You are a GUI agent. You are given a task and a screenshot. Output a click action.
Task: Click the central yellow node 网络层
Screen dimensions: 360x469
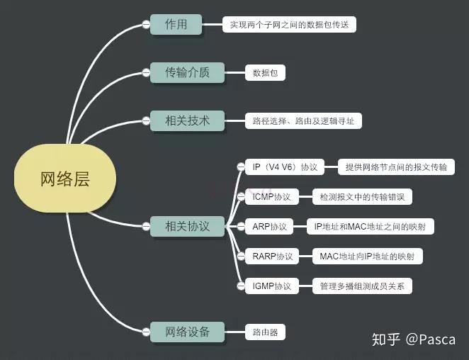coord(64,179)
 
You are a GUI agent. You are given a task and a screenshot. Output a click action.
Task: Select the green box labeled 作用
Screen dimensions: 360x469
coord(176,24)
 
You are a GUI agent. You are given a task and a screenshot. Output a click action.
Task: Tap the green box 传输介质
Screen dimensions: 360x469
coord(188,72)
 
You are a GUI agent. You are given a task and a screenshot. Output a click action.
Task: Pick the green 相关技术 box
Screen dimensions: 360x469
coord(188,120)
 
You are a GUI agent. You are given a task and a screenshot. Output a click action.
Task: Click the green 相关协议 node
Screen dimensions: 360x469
coord(188,227)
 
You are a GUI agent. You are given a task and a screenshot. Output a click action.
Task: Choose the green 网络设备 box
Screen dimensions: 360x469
coord(188,331)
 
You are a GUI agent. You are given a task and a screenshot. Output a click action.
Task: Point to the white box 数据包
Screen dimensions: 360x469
coord(265,72)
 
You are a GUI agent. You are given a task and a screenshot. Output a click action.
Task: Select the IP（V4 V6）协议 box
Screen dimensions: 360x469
coord(285,167)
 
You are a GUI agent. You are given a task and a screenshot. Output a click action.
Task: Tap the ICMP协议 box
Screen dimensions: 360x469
coord(272,197)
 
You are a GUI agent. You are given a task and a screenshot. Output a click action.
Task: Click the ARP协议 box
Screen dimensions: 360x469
coord(270,227)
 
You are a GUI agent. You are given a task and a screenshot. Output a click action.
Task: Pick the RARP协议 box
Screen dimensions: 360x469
coord(272,257)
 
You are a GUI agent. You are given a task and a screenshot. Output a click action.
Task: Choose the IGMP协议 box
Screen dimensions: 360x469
coord(272,286)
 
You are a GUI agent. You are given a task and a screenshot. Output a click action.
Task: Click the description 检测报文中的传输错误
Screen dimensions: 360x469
coord(362,197)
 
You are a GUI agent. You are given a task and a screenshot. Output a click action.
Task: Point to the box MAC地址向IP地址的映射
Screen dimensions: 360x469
coord(368,257)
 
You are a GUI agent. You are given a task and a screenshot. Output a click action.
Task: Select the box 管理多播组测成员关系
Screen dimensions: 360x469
coord(362,286)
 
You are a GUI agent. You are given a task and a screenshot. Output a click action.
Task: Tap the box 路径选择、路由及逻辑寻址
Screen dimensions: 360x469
coord(303,121)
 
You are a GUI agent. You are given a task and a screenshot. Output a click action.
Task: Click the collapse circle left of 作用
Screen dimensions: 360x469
coord(146,24)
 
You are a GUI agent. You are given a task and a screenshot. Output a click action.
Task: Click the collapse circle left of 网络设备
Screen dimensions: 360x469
coord(146,331)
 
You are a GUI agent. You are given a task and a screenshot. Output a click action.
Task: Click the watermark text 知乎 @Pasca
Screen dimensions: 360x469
coord(414,339)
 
